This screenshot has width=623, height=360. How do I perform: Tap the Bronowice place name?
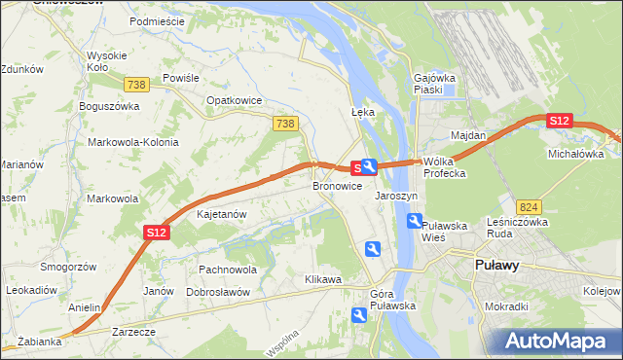tap(337, 185)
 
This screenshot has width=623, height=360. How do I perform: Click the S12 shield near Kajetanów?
tap(158, 232)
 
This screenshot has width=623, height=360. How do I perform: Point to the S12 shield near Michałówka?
tap(558, 121)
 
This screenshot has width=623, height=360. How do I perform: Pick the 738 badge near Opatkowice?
tap(284, 123)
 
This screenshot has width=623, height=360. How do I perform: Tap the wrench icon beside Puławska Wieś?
tap(414, 222)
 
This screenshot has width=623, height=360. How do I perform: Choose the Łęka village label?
tap(362, 112)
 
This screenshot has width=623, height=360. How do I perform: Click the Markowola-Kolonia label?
tap(133, 142)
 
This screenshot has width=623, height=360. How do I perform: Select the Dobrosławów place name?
tap(218, 292)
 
